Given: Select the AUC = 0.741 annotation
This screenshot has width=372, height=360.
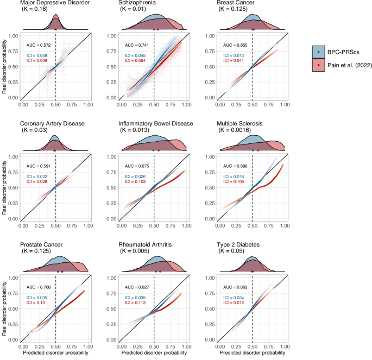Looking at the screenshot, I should (136, 45).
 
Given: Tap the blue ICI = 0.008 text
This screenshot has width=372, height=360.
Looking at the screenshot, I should (37, 55).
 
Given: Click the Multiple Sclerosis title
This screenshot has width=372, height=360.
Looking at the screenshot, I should (243, 123).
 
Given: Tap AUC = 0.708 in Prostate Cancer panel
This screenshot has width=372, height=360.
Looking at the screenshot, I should (38, 286).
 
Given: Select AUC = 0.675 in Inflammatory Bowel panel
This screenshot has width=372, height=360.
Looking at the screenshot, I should (136, 166).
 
